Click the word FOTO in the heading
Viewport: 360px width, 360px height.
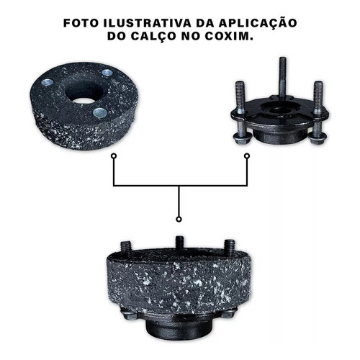coord(81,23)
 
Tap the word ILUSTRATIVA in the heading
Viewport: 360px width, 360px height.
coord(148,23)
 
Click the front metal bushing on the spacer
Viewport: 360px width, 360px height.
coord(99,112)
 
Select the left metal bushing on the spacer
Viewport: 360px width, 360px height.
coord(48,82)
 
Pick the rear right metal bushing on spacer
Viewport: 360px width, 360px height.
coord(107,73)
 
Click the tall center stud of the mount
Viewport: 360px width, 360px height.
coord(283,78)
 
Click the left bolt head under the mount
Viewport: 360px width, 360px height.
coord(242,139)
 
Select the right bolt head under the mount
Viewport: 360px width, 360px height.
coord(318,138)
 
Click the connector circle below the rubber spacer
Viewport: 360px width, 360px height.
coord(114,156)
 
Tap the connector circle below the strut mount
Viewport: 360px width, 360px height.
coord(247,156)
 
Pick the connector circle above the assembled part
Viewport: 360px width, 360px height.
coord(179,219)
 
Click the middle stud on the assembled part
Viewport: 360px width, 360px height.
coord(179,243)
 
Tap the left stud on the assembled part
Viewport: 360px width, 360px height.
coord(125,248)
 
